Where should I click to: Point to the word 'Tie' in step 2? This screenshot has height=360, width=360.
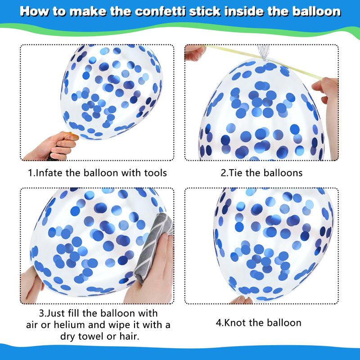(x=235, y=173)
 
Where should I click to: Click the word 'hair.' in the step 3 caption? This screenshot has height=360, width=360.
(x=129, y=337)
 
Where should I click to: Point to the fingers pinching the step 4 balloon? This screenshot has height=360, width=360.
(x=241, y=300)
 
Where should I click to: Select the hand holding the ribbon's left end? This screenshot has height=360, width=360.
(x=195, y=52)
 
